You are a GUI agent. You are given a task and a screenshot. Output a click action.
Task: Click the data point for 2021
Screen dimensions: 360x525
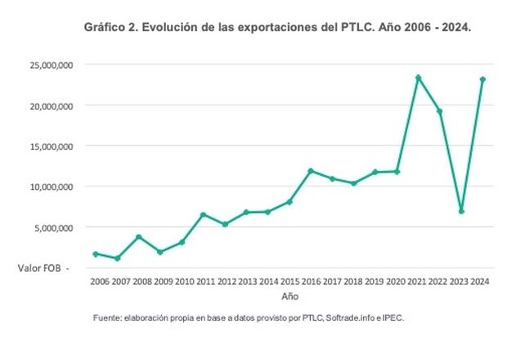click(x=418, y=78)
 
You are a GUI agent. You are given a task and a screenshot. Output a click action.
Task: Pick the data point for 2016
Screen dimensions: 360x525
click(x=311, y=171)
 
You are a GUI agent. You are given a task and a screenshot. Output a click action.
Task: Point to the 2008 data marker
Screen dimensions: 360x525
click(x=139, y=236)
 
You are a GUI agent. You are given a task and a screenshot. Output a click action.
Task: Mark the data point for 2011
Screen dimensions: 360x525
click(x=204, y=214)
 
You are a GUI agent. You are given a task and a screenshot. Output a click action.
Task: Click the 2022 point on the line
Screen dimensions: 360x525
click(x=439, y=111)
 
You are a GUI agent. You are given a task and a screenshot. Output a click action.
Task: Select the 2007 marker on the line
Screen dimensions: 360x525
click(x=118, y=259)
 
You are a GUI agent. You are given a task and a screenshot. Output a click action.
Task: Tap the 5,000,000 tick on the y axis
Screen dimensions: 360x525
click(x=50, y=227)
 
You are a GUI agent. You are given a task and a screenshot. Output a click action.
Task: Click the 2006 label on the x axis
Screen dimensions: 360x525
click(x=96, y=281)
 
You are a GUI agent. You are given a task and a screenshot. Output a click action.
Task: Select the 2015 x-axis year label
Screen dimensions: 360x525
click(x=289, y=281)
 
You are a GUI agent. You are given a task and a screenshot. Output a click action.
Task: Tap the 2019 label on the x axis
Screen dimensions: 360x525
click(x=375, y=281)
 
